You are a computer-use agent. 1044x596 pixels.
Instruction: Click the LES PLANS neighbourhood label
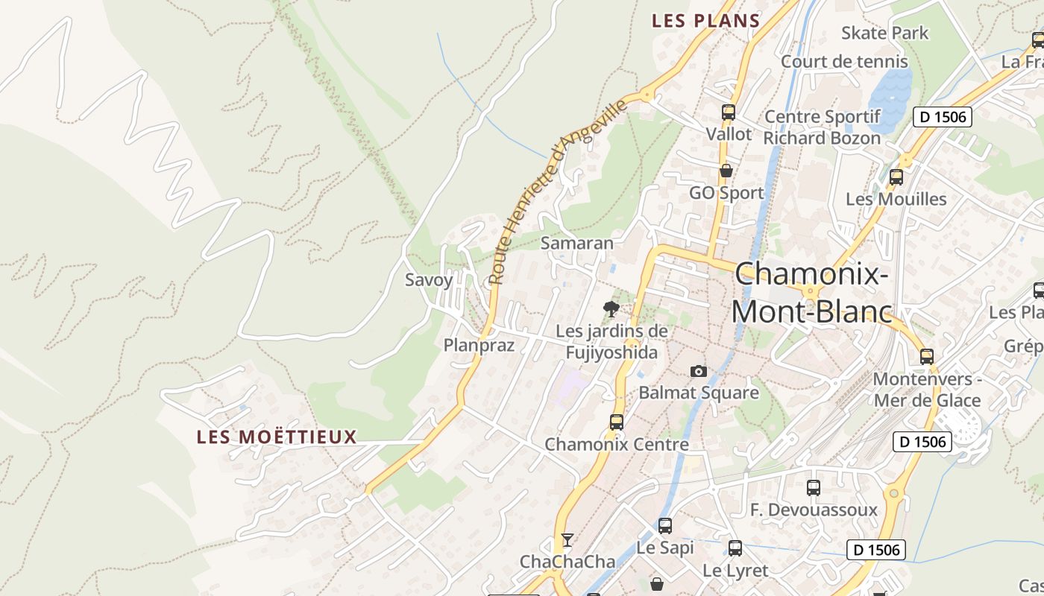705,21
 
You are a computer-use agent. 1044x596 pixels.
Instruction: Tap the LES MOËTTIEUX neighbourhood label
277,437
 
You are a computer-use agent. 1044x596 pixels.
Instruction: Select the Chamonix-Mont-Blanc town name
811,293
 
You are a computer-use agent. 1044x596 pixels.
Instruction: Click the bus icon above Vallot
729,112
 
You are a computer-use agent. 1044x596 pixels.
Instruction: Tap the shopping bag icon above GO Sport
726,171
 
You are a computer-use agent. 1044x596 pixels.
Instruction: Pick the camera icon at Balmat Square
698,371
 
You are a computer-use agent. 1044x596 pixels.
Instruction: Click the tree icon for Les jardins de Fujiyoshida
611,308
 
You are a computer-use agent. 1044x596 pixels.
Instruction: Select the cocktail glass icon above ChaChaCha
567,539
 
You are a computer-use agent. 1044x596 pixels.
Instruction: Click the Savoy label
429,280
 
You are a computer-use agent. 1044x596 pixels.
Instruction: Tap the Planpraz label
479,345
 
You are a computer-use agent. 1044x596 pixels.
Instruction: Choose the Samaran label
576,243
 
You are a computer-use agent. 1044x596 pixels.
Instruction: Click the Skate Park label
884,33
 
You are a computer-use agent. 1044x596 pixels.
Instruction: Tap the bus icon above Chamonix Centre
617,422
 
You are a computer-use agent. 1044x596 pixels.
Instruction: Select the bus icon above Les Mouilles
896,177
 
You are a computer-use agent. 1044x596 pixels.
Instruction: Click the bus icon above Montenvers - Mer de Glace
926,356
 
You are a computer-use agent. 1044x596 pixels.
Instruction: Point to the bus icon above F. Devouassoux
814,488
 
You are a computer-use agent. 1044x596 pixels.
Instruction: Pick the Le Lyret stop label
735,571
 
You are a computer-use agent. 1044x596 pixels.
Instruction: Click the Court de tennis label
844,61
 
